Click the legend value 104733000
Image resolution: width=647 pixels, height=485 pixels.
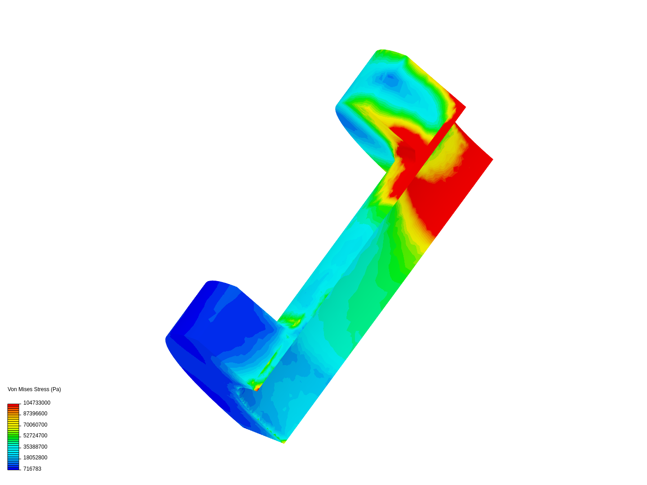[36, 402]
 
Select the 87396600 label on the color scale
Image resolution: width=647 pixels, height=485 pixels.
[35, 414]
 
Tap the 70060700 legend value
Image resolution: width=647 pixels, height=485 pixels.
[35, 425]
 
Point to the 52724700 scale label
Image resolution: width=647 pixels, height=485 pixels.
[35, 436]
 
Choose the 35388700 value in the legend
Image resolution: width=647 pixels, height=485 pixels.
[35, 447]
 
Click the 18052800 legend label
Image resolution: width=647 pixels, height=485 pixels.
[35, 458]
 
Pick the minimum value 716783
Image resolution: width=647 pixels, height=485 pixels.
[32, 469]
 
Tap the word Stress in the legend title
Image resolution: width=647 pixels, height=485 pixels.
[41, 389]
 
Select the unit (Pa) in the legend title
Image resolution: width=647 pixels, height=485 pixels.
[56, 389]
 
